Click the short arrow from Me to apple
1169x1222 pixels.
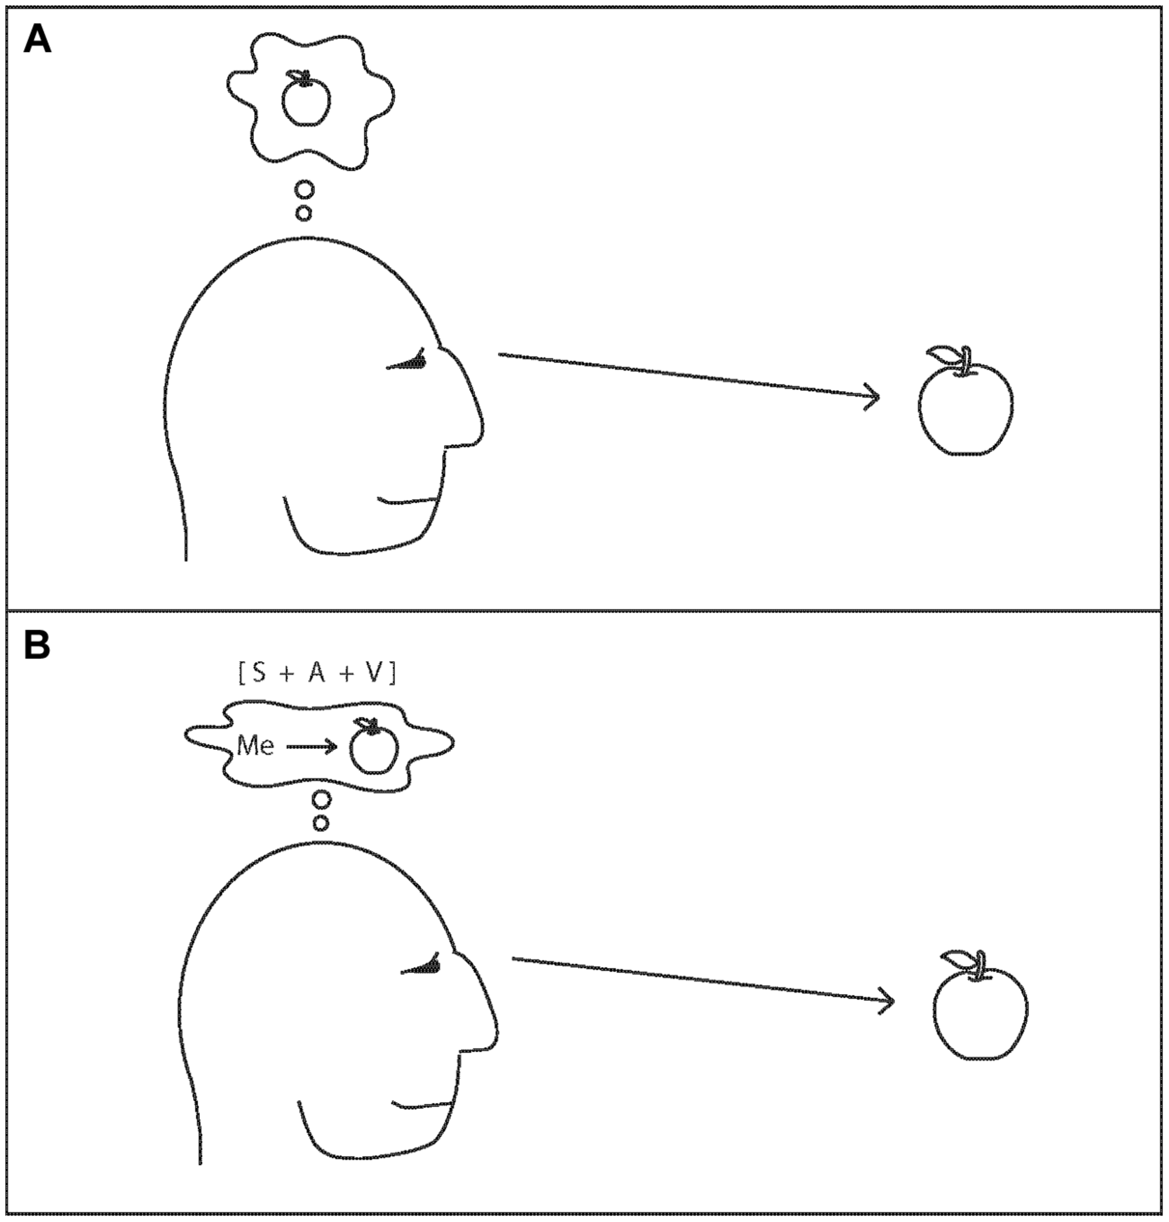(311, 746)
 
